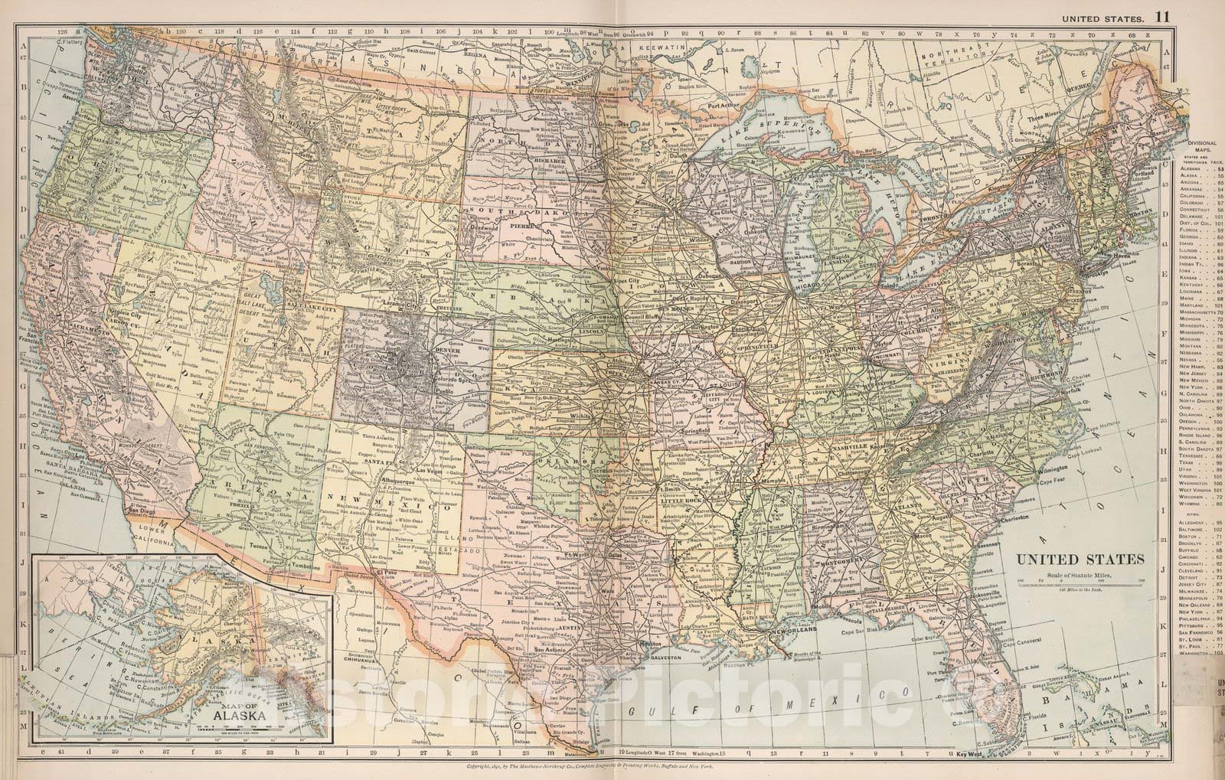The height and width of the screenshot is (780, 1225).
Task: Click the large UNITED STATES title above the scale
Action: (1080, 560)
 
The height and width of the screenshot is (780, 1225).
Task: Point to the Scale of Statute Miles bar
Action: (1080, 583)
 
